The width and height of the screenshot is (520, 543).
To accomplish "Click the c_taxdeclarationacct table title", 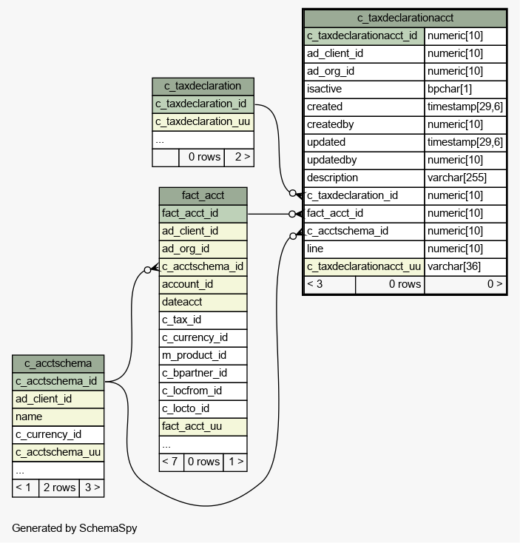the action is click(405, 18).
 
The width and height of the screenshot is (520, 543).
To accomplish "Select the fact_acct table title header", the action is click(203, 196).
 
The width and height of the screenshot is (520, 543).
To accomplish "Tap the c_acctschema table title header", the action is click(58, 364).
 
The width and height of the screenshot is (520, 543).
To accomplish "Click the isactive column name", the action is click(324, 89).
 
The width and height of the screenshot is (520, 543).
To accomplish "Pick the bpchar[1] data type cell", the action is click(450, 89).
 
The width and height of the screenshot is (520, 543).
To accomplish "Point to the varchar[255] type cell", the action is click(456, 178).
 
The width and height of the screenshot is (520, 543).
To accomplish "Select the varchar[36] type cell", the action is click(454, 266).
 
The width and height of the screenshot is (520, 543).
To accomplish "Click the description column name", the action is click(332, 178).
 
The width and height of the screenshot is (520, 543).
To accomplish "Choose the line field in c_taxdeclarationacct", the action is click(315, 249).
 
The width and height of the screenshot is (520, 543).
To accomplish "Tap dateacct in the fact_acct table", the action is click(182, 302).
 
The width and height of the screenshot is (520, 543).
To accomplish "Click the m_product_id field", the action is click(194, 355).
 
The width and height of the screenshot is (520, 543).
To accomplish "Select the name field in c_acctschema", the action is click(29, 416).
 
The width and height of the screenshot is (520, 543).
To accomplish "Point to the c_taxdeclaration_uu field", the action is click(203, 121).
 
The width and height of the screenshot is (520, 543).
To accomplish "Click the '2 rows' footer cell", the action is click(59, 488).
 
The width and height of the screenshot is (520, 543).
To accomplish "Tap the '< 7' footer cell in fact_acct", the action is click(171, 462).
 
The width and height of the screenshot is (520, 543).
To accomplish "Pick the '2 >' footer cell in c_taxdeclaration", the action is click(239, 157).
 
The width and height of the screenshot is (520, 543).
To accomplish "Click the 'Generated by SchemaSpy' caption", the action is click(75, 528).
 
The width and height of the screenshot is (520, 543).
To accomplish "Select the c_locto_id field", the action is click(186, 408).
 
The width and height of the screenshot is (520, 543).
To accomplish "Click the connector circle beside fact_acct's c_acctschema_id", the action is click(147, 270).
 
